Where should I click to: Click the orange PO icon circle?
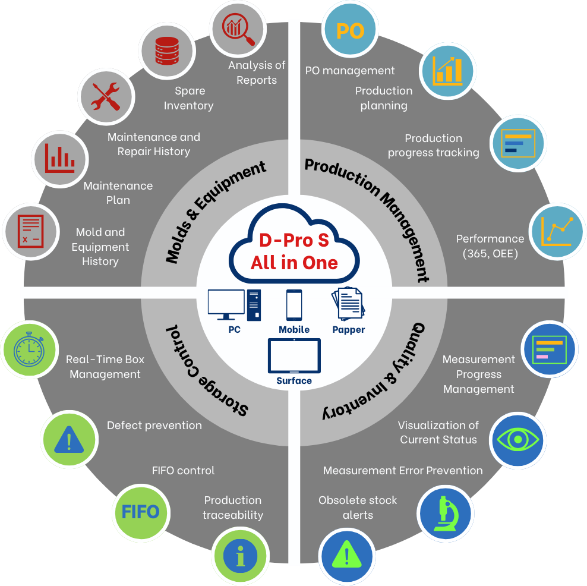point(350,31)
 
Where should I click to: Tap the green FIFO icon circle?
point(140,512)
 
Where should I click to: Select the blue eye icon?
point(517,440)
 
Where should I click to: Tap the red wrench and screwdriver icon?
point(105,96)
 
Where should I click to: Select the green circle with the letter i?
point(240,556)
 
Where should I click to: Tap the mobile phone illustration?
point(294,305)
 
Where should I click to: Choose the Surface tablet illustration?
point(294,356)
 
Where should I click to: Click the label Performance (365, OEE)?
point(490,246)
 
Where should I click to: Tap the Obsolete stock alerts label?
point(358,507)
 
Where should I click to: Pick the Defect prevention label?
point(154,425)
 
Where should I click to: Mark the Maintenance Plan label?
point(118,193)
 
